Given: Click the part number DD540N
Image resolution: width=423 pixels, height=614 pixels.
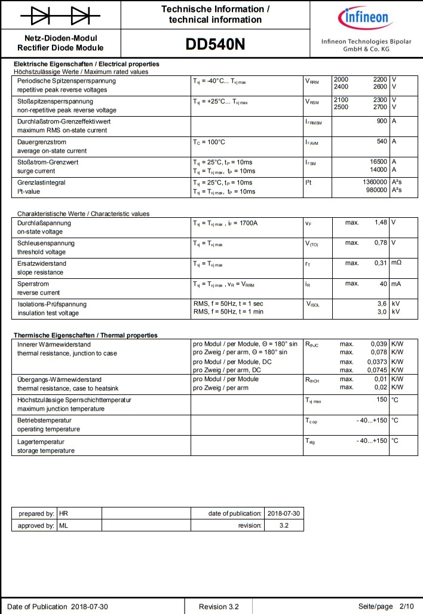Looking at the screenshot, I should (215, 45).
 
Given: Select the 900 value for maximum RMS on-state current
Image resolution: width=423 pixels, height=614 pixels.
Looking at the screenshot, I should (381, 121).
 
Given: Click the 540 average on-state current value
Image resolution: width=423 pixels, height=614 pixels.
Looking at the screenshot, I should (381, 142).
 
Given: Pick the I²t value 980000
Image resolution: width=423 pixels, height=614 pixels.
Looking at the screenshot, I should (375, 191).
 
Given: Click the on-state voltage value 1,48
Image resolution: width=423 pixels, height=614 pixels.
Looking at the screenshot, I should (381, 223).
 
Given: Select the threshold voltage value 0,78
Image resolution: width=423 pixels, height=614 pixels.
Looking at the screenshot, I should (381, 243).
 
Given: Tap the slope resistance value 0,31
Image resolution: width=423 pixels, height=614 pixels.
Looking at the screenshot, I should (381, 263).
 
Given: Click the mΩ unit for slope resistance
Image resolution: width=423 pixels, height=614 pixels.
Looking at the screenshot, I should (396, 263).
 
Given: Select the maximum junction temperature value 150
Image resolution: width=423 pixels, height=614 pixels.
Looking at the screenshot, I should (382, 400).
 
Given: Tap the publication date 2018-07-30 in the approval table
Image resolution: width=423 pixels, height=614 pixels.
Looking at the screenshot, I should (284, 513).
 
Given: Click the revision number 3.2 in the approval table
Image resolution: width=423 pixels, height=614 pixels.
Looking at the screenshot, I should (284, 525).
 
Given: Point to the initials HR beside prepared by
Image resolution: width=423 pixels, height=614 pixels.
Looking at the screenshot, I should (63, 513).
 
